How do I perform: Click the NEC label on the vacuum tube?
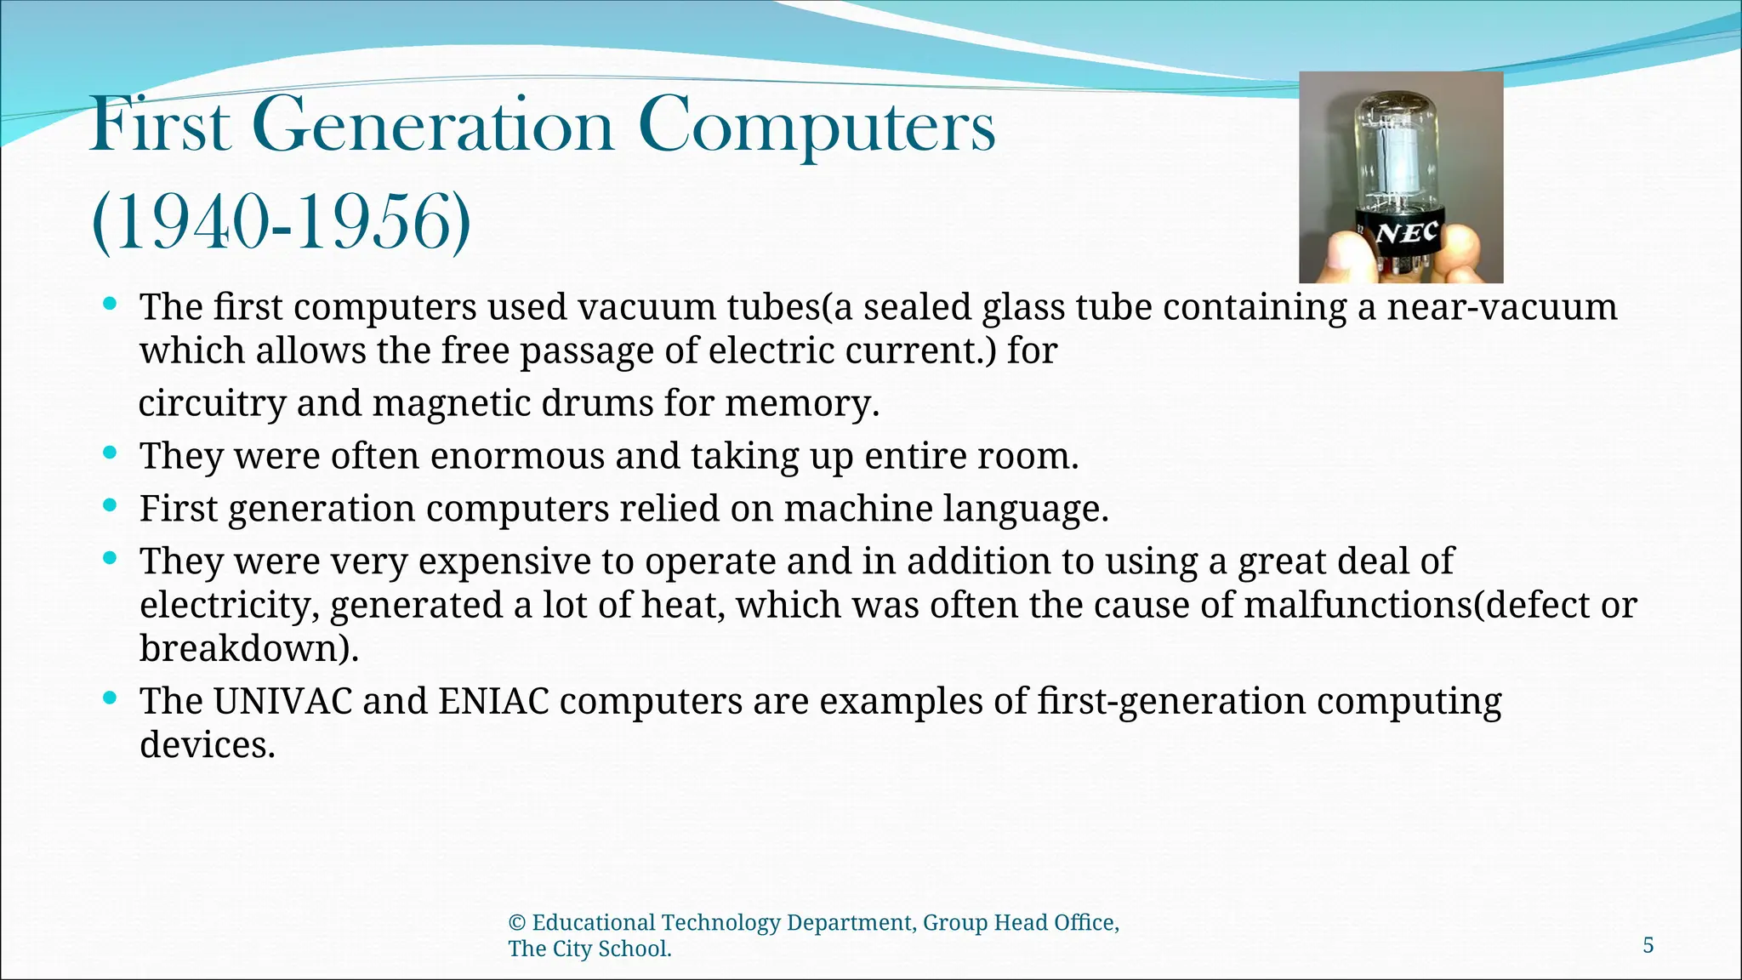(1407, 233)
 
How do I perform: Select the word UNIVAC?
(282, 701)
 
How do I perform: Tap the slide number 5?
(1648, 945)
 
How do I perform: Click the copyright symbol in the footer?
(516, 923)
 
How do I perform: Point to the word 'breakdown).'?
(249, 648)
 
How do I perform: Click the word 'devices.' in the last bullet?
(208, 745)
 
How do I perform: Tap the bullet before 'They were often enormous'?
(109, 453)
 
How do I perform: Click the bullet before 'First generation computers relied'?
(109, 506)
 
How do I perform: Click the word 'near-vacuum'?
(1502, 307)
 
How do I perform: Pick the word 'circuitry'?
(212, 403)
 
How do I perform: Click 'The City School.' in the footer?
(589, 949)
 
